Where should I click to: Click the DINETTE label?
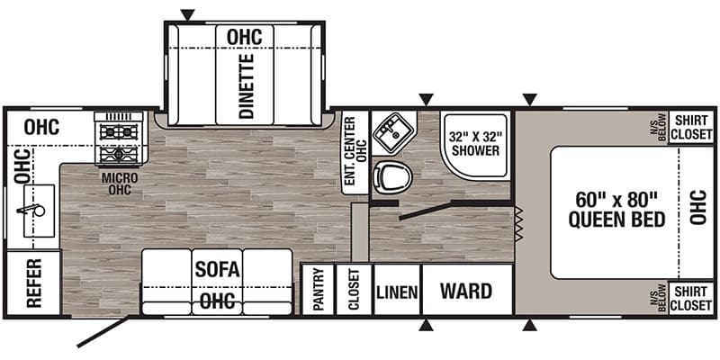247,86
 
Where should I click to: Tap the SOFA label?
217,269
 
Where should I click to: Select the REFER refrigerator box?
34,283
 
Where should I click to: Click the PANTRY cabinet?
319,290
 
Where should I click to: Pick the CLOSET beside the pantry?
354,290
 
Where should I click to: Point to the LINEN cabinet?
398,290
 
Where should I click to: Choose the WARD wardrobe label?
466,291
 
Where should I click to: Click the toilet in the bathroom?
392,176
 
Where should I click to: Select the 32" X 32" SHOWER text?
476,144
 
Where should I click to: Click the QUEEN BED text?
616,220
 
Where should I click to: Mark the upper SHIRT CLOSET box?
691,127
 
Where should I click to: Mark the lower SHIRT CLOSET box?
691,298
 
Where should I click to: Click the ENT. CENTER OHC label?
355,151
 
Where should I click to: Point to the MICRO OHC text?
120,184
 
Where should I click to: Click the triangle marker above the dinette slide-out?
187,14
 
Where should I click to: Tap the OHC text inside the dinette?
244,37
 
